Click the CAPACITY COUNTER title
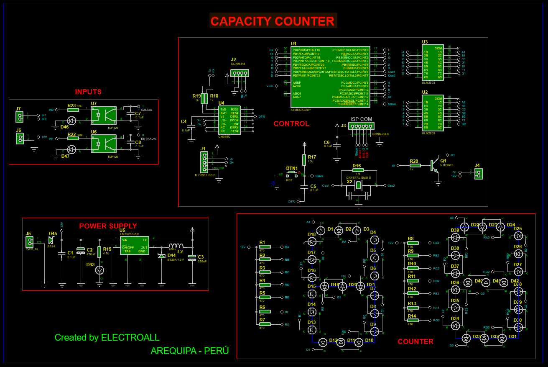click(x=273, y=21)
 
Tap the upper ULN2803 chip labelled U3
click(x=432, y=62)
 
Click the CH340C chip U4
click(x=229, y=120)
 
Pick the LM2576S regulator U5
click(x=134, y=246)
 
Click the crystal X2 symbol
click(x=358, y=185)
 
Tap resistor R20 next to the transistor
click(x=414, y=166)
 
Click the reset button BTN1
click(x=291, y=173)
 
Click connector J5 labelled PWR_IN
click(x=29, y=242)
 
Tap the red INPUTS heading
click(x=88, y=92)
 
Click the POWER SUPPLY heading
click(x=108, y=226)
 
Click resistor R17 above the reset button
click(x=304, y=159)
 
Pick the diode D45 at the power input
click(x=51, y=240)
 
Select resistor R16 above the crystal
click(x=358, y=170)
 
